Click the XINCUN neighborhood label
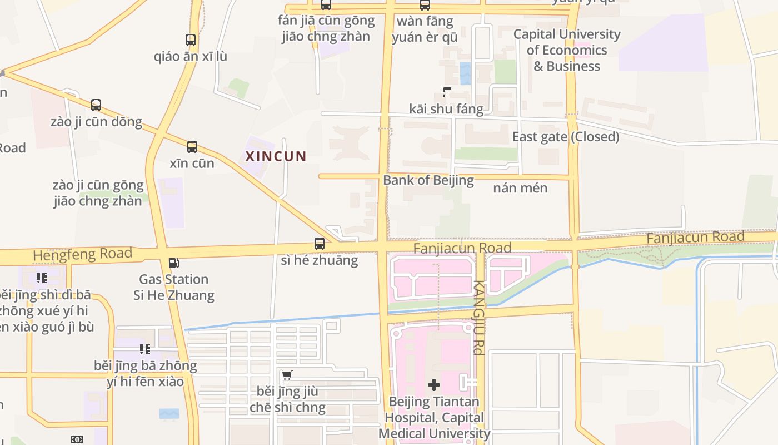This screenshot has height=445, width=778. click(x=276, y=156)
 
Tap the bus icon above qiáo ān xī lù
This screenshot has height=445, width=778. click(x=191, y=40)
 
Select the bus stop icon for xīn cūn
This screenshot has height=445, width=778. click(x=192, y=147)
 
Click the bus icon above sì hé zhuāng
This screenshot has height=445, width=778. click(x=320, y=244)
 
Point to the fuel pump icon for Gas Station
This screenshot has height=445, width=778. click(x=174, y=263)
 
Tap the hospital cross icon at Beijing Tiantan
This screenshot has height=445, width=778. click(x=434, y=385)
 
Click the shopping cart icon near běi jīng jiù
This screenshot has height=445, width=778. click(x=287, y=375)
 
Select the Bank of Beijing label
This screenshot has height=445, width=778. click(x=428, y=180)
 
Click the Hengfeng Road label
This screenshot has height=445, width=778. click(x=82, y=254)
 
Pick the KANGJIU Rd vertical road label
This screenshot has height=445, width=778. click(x=478, y=317)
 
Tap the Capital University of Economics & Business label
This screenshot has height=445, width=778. click(x=567, y=50)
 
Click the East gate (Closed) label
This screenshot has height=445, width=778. click(x=565, y=137)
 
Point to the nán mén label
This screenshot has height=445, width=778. click(x=520, y=188)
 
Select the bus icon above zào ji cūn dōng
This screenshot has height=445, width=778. click(x=96, y=105)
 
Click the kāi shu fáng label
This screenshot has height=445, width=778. click(x=446, y=109)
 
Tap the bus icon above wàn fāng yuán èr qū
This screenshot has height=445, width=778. click(x=425, y=6)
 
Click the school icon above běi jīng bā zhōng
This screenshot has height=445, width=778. click(x=145, y=349)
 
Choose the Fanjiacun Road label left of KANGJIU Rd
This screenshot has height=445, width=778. click(x=462, y=248)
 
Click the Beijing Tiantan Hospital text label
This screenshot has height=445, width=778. click(x=434, y=417)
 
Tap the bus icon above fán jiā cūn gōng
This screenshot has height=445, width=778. click(x=326, y=5)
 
